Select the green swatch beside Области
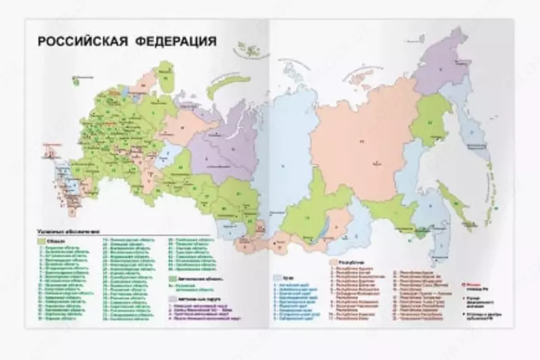pyautogui.click(x=41, y=240)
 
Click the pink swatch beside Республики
pyautogui.click(x=333, y=259)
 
